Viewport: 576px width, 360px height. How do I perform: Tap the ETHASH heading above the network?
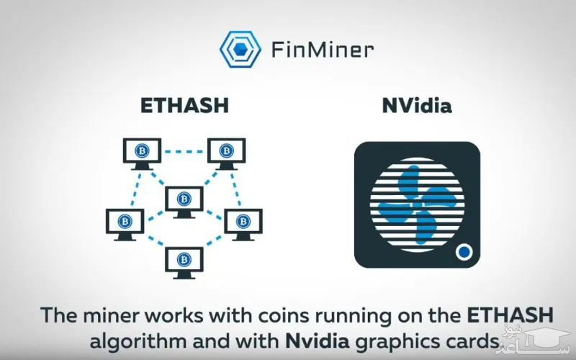(184, 105)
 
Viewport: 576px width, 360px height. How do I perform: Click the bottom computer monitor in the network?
(184, 261)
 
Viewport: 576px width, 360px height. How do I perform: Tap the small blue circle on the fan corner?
(464, 253)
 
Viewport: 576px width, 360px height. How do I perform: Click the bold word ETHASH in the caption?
(512, 315)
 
